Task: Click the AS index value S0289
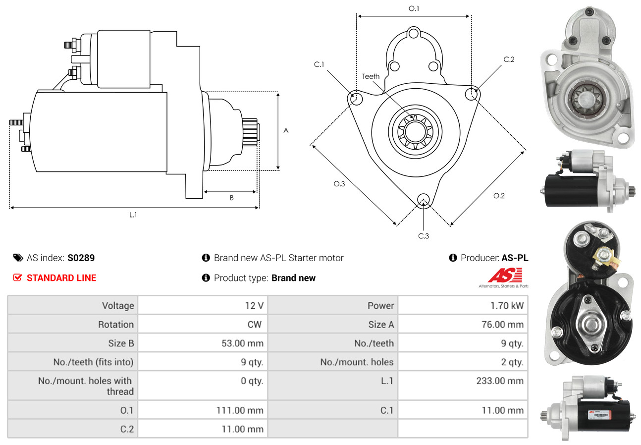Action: click(x=81, y=258)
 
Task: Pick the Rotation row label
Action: click(x=115, y=325)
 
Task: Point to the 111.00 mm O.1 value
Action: click(x=240, y=410)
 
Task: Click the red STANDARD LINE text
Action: click(x=61, y=278)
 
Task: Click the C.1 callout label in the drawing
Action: click(x=319, y=64)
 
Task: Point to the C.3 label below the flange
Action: click(x=424, y=236)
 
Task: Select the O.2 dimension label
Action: click(x=499, y=196)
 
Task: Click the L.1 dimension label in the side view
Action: click(x=133, y=215)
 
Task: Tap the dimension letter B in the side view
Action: click(x=231, y=198)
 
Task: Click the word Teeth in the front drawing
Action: click(x=371, y=76)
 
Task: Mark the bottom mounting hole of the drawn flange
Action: click(x=423, y=199)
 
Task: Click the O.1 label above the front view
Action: click(x=414, y=8)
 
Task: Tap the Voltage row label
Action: click(x=118, y=306)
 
